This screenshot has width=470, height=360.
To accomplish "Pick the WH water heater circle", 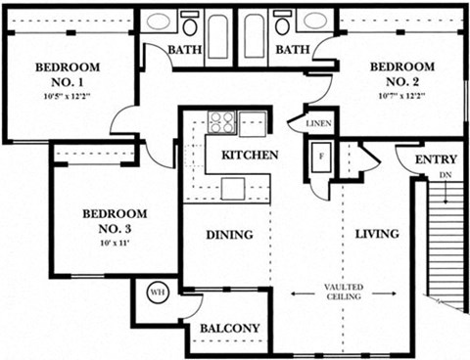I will (157, 291).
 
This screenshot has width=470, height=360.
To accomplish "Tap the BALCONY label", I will (229, 329).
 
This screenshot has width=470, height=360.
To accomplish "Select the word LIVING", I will (376, 234).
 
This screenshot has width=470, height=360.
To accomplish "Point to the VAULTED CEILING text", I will (346, 292).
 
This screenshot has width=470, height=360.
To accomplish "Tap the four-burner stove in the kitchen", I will (222, 122).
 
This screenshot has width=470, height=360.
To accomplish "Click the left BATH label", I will (184, 49).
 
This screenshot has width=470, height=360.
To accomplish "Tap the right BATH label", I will (293, 49).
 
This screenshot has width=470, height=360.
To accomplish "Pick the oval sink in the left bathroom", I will (159, 22).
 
